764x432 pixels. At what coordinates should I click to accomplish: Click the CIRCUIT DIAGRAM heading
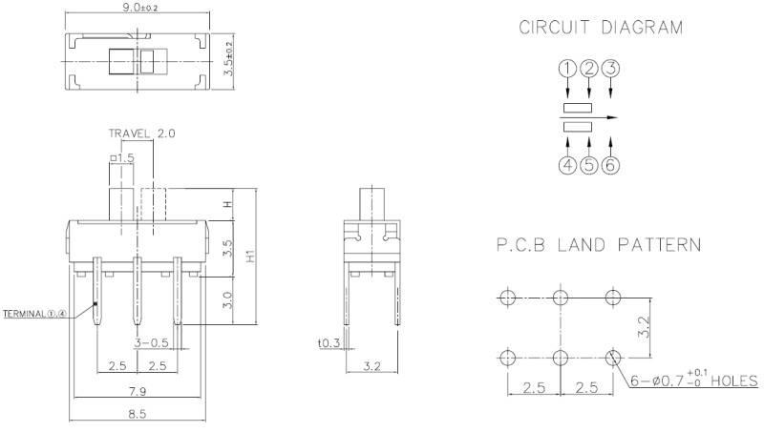pyautogui.click(x=601, y=28)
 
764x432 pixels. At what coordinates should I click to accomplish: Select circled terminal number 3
pyautogui.click(x=611, y=68)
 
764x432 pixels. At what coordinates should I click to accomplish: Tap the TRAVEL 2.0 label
pyautogui.click(x=140, y=134)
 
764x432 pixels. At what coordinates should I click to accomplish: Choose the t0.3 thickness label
pyautogui.click(x=329, y=344)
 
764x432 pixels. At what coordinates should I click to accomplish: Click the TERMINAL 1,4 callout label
pyautogui.click(x=36, y=313)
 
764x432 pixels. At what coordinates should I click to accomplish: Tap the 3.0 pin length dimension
pyautogui.click(x=228, y=302)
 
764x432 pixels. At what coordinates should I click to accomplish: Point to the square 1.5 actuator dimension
pyautogui.click(x=123, y=156)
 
